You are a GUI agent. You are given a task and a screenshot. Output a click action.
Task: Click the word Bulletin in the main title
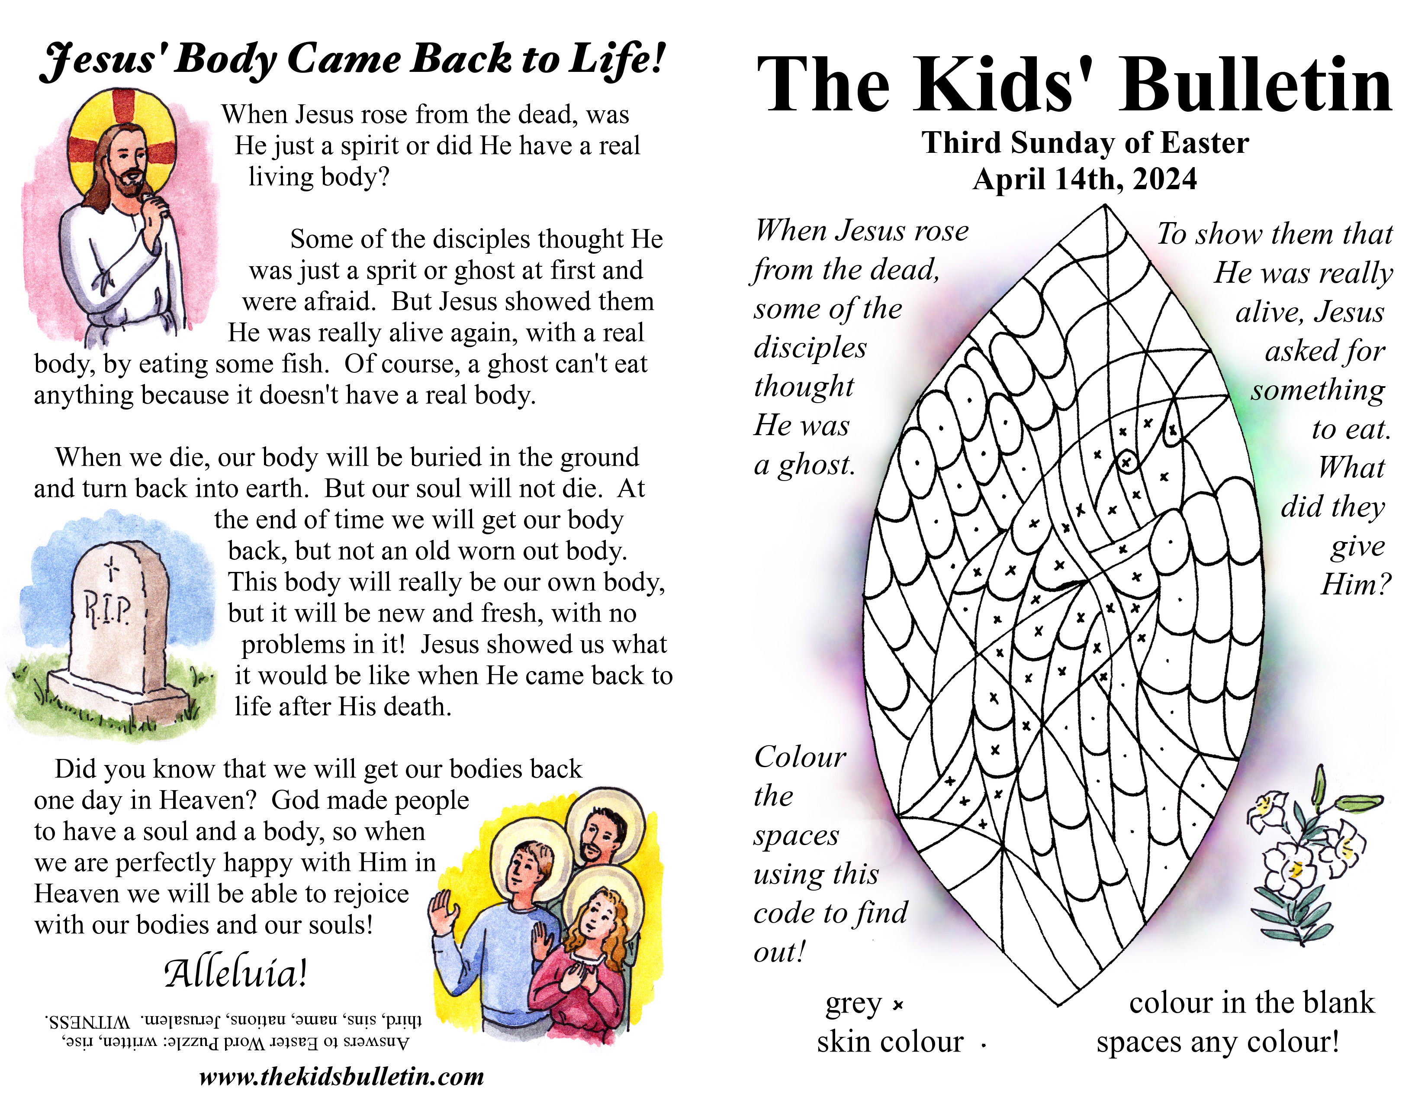click(1255, 86)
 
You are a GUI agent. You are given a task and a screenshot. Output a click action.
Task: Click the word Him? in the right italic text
click(1356, 584)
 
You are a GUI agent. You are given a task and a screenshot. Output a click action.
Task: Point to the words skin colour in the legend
click(890, 1042)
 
